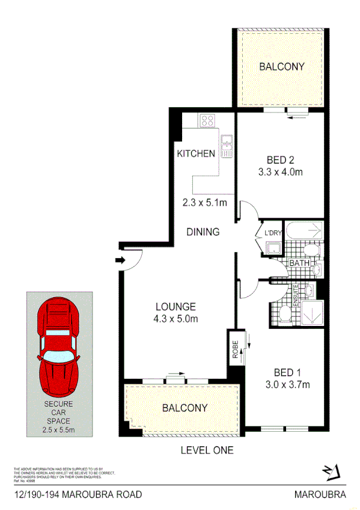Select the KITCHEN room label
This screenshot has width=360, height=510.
196,153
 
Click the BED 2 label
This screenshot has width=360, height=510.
280,160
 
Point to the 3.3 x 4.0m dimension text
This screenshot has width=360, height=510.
280,172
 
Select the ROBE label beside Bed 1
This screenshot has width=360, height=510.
235,351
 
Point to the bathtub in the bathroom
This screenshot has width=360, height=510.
304,230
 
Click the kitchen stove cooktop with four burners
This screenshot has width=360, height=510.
208,120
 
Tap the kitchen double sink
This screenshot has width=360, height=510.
227,146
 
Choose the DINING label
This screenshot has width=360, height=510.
203,232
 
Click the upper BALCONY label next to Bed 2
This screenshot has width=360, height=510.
282,67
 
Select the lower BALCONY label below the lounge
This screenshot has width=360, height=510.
185,408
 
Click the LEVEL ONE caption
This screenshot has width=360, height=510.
207,450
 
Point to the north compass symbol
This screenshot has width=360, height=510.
331,472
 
